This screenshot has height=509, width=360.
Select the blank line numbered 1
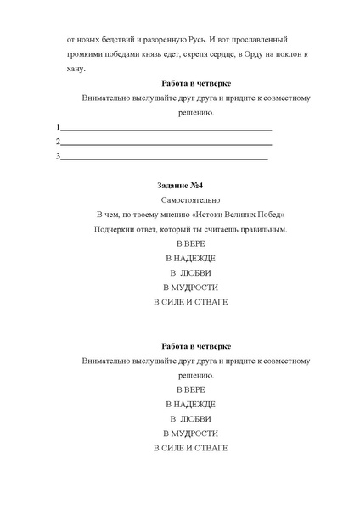click(166, 128)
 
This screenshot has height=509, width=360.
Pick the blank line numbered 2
click(166, 142)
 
